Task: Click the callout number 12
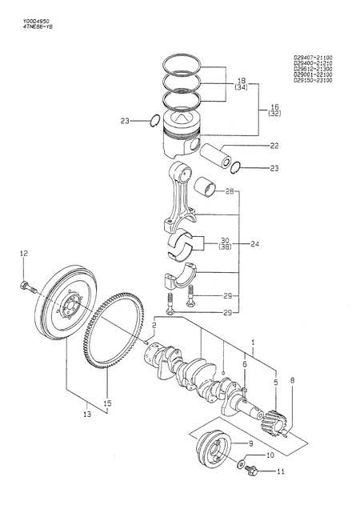[x=24, y=254]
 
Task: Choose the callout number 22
[x=251, y=145]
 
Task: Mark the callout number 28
[x=229, y=191]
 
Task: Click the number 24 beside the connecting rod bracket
[x=254, y=244]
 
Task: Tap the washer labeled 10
[x=242, y=463]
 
